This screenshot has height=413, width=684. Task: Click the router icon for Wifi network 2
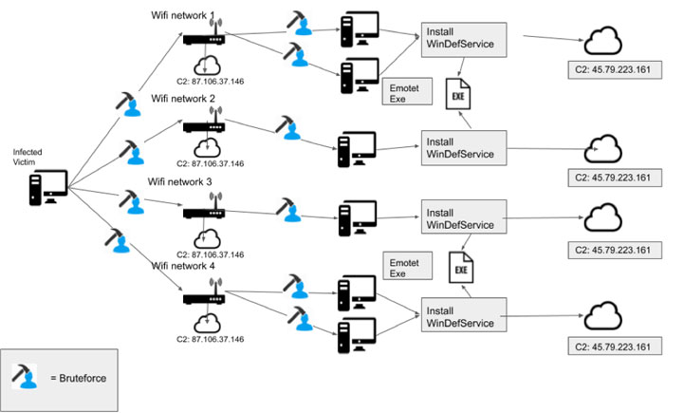point(203,124)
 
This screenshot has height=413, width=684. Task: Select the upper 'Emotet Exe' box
point(406,93)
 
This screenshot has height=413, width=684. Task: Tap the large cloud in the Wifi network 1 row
point(605,41)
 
